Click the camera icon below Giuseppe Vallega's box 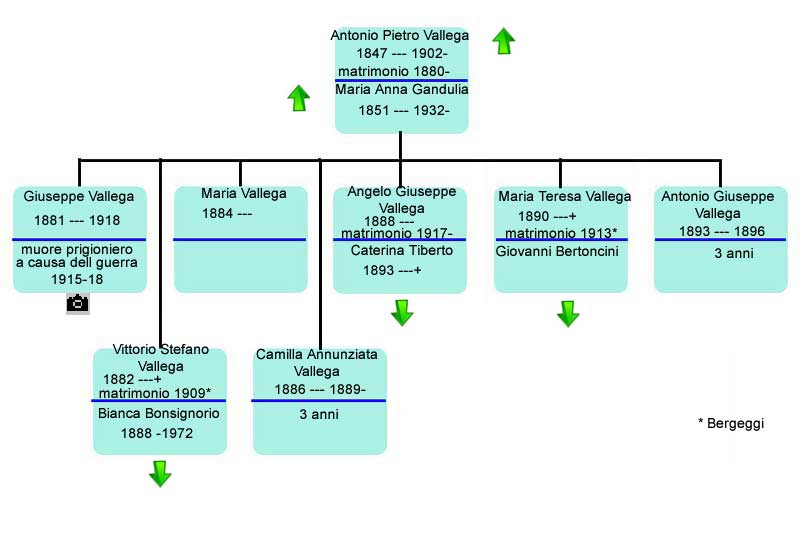click(78, 303)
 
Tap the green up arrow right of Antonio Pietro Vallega click(504, 41)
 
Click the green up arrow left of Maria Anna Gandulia click(298, 98)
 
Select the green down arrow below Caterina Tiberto click(402, 313)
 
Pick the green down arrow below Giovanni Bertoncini click(568, 314)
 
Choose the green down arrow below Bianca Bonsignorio click(160, 474)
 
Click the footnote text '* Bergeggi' click(731, 423)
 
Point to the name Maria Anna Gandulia click(402, 90)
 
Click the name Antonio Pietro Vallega click(399, 35)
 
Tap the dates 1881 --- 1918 click(77, 220)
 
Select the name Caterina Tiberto click(402, 250)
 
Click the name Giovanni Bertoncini click(557, 251)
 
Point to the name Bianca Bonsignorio click(159, 413)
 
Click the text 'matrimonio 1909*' click(155, 393)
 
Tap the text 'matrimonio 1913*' click(561, 233)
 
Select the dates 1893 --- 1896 click(721, 232)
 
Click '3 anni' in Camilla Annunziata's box click(319, 414)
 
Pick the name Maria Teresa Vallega click(564, 196)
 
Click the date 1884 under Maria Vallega click(217, 213)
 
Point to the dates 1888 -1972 click(157, 434)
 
